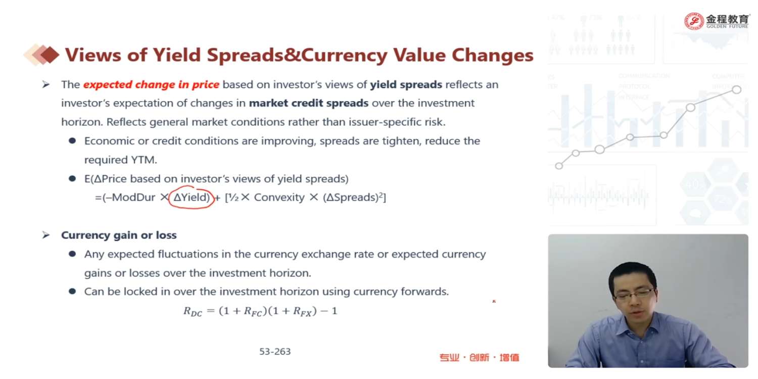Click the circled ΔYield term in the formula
click(192, 197)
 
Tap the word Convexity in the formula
click(279, 197)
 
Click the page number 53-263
click(275, 352)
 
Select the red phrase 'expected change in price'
click(151, 84)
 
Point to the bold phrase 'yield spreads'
click(406, 84)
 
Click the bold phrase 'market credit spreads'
click(309, 103)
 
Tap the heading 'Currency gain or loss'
click(119, 235)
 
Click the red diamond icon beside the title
click(50, 55)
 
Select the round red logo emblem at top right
click(694, 21)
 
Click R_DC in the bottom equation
click(193, 311)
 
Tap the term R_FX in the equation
click(302, 311)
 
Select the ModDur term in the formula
click(134, 197)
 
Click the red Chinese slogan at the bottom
click(479, 358)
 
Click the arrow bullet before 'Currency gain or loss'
click(45, 235)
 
